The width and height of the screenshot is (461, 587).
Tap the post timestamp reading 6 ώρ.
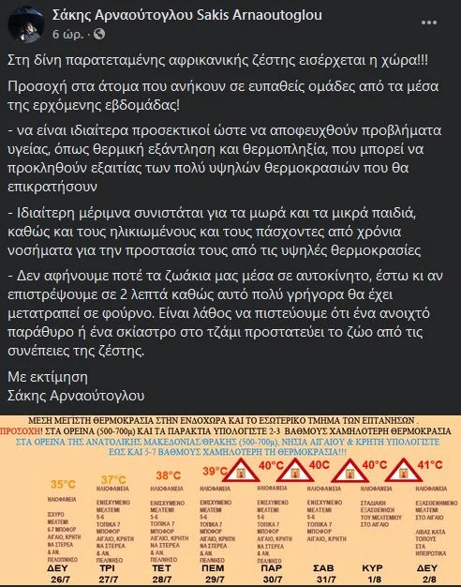click(68, 31)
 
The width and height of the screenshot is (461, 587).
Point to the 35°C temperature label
click(63, 486)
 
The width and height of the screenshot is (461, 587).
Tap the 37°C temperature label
click(113, 481)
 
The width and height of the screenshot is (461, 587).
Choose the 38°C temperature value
click(169, 475)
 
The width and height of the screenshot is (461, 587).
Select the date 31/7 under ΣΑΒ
click(323, 579)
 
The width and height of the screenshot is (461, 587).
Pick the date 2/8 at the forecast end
click(425, 579)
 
